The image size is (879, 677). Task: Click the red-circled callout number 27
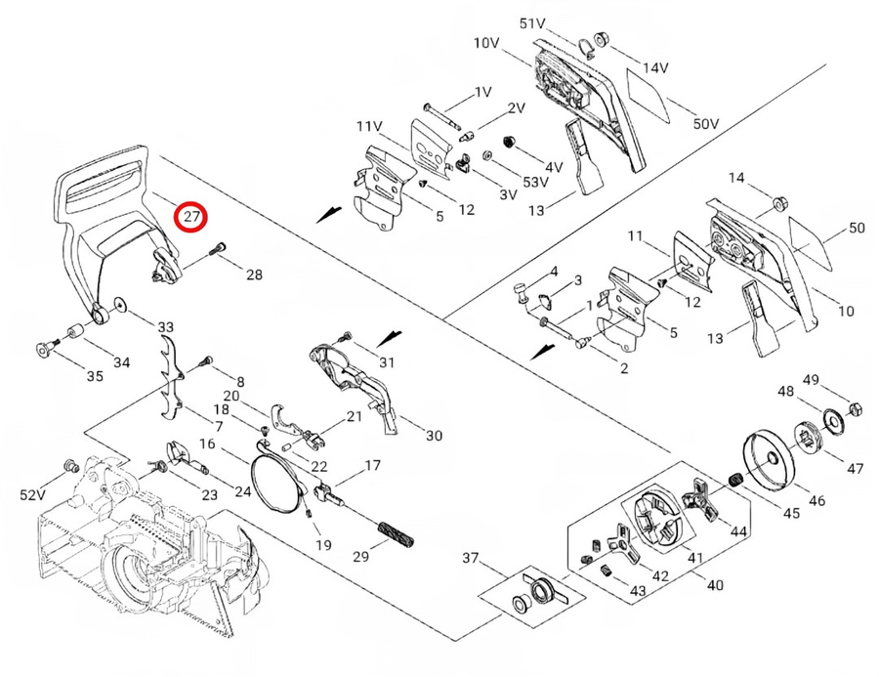tap(190, 215)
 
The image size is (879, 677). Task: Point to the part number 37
tap(472, 558)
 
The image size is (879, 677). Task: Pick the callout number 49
tap(812, 379)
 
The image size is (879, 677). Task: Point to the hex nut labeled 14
tap(779, 204)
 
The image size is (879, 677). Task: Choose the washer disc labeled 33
tap(119, 304)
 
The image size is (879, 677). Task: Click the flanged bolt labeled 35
tap(44, 348)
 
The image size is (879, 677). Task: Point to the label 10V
tap(486, 43)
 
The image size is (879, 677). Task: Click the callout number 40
tap(716, 584)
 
